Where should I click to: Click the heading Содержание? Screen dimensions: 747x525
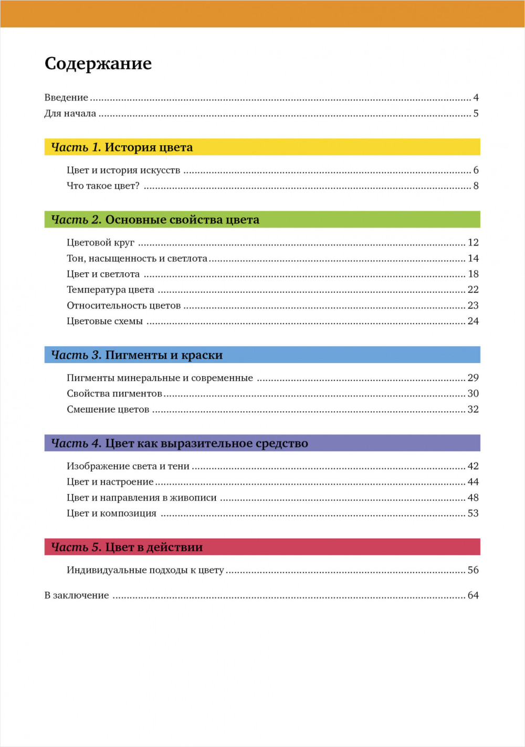pyautogui.click(x=98, y=63)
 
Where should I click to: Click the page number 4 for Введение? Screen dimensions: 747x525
pyautogui.click(x=476, y=98)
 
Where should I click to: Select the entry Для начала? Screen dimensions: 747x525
pyautogui.click(x=70, y=113)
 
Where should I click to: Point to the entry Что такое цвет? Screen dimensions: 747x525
pyautogui.click(x=103, y=186)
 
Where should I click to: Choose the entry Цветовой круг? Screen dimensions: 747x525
pyautogui.click(x=100, y=242)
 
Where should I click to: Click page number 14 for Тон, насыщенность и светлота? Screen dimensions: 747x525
pyautogui.click(x=473, y=258)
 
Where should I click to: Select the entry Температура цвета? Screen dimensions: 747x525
pyautogui.click(x=110, y=290)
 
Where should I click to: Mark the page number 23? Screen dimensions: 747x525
pyautogui.click(x=473, y=305)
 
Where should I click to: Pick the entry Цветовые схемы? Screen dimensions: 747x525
pyautogui.click(x=104, y=321)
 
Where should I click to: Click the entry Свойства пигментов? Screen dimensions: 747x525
pyautogui.click(x=114, y=393)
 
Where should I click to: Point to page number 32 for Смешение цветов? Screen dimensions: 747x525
pyautogui.click(x=473, y=409)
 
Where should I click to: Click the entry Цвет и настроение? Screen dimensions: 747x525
pyautogui.click(x=110, y=482)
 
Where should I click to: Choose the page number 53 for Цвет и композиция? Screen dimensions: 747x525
pyautogui.click(x=473, y=513)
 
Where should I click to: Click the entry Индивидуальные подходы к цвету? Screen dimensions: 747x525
pyautogui.click(x=145, y=570)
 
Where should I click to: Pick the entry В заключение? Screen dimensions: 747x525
pyautogui.click(x=77, y=595)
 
